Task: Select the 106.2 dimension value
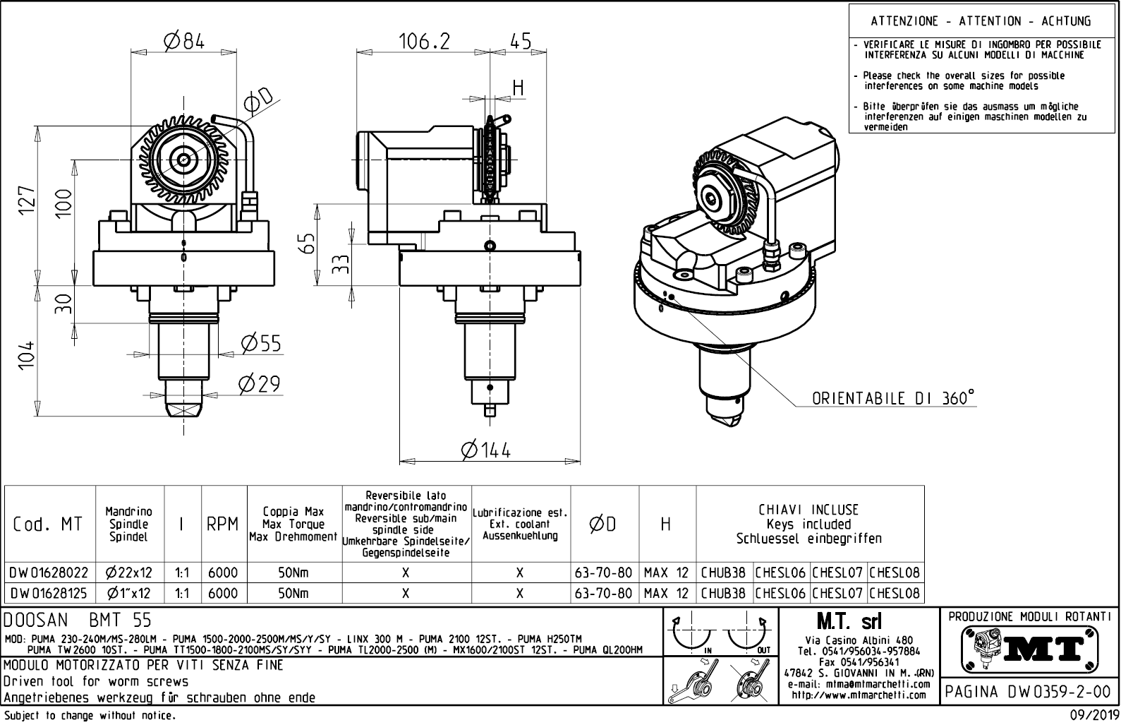(425, 42)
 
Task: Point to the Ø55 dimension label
(260, 344)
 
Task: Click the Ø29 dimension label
(259, 384)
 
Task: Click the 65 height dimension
(306, 245)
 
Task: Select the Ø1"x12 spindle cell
(129, 594)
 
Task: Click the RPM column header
(222, 524)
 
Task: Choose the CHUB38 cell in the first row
(723, 573)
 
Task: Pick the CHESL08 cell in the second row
(895, 594)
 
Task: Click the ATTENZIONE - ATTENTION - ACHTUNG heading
(981, 21)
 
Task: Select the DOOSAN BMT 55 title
(78, 621)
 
